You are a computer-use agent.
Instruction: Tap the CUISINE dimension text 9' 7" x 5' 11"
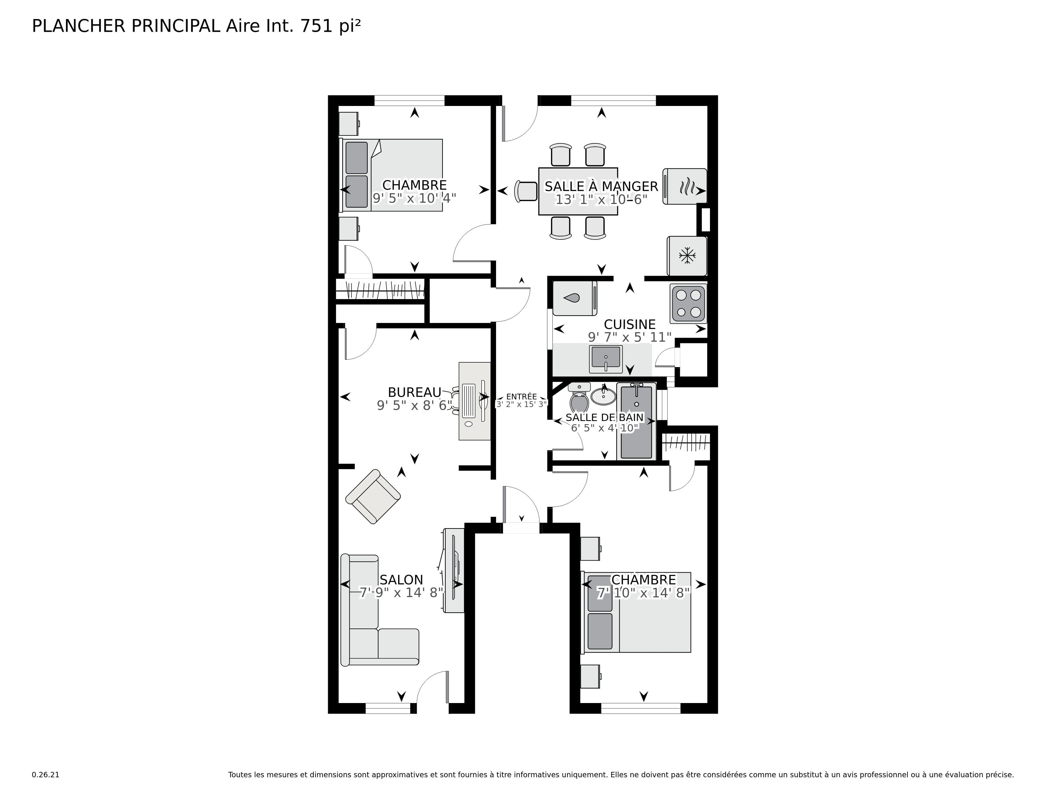[x=629, y=338]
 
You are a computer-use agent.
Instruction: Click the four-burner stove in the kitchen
[x=688, y=303]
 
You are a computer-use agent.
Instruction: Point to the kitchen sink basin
[x=606, y=358]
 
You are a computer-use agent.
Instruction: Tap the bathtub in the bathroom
[x=636, y=421]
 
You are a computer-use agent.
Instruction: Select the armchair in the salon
[x=373, y=496]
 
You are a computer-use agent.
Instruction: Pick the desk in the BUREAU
[x=474, y=401]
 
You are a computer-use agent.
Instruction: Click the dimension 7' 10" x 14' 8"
[x=643, y=593]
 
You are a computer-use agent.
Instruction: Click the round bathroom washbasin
[x=603, y=396]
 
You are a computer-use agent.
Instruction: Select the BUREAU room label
[x=414, y=392]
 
